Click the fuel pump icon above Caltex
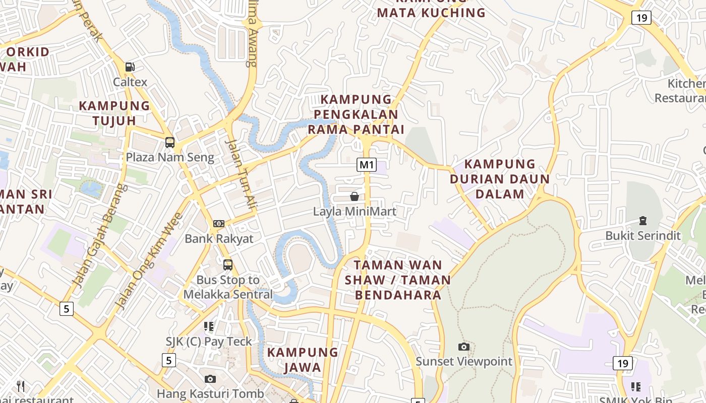point(130,66)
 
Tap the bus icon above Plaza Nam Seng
point(170,142)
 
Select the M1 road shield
point(367,164)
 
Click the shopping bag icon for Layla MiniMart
point(355,196)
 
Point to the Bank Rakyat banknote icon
point(219,223)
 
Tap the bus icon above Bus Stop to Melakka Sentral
point(228,264)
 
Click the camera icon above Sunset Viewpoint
point(463,347)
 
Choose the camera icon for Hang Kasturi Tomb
point(210,379)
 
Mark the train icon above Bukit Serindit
point(643,221)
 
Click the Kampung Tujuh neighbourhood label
point(114,113)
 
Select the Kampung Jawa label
point(303,360)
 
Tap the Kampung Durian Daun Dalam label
point(500,179)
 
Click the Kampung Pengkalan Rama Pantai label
point(356,114)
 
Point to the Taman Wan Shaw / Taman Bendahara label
point(398,280)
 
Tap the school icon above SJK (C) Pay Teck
point(209,326)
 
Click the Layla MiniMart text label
point(355,212)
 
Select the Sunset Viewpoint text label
point(463,361)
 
